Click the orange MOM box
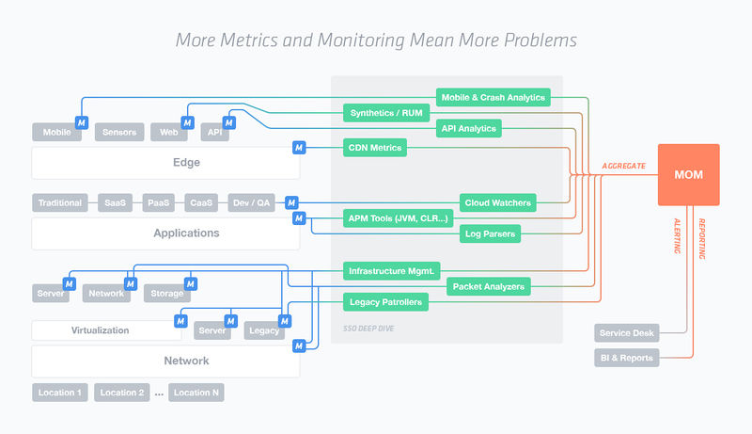tap(688, 175)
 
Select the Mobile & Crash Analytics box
tap(493, 98)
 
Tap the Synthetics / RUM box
tap(386, 113)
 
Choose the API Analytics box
tap(468, 128)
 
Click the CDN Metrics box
tap(375, 148)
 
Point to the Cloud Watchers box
tap(498, 202)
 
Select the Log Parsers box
tap(490, 233)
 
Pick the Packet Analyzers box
tap(488, 286)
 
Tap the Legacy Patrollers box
tap(385, 302)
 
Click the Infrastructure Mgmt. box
tap(392, 271)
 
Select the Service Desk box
tap(626, 332)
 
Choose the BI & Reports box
tap(626, 358)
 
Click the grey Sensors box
tap(119, 132)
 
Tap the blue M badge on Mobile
tap(82, 122)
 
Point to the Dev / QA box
tap(252, 202)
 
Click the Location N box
tap(196, 393)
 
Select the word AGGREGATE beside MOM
tap(623, 166)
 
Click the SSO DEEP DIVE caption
tap(368, 329)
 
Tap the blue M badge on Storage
tap(191, 283)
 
